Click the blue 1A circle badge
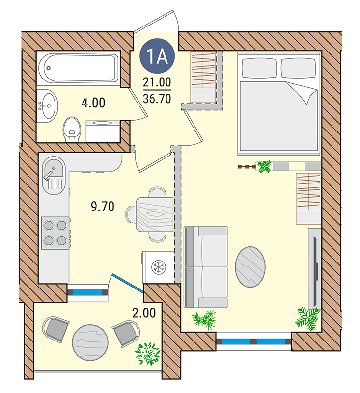pos(157,55)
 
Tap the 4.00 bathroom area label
pos(93,103)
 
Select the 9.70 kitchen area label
pos(103,207)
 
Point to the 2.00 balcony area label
pos(144,313)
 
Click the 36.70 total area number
pos(157,99)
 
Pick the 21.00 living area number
pos(157,82)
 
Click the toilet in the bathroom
pos(72,130)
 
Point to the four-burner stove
pos(55,233)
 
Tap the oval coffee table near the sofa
pos(250,267)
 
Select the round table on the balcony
pos(90,342)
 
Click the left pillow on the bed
pos(259,68)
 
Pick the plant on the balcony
pos(147,353)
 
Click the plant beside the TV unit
pos(307,318)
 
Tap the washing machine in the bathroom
pos(103,131)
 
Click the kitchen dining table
pos(155,214)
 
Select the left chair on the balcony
pos(55,329)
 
